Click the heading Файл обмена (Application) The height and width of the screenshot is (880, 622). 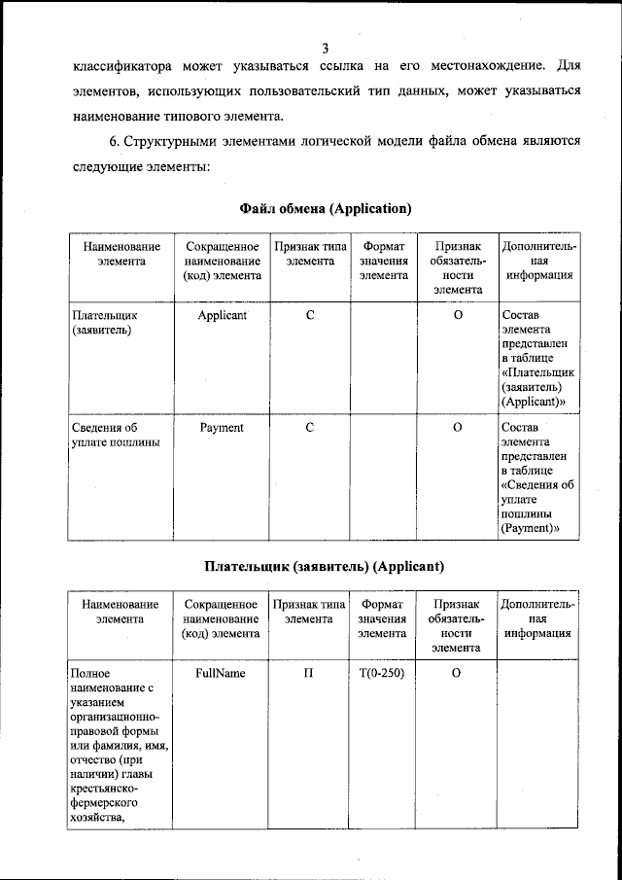[326, 208]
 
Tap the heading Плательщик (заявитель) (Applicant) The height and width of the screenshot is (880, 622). [325, 565]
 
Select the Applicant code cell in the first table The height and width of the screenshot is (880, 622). [222, 316]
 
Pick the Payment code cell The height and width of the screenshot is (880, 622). [222, 428]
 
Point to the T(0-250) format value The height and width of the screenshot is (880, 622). [382, 673]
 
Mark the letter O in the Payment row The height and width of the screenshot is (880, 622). [457, 428]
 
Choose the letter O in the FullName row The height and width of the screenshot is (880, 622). [455, 673]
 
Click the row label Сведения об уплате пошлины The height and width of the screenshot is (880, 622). [115, 436]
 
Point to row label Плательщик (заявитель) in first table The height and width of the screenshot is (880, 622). [105, 323]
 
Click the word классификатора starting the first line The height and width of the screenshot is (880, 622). [122, 67]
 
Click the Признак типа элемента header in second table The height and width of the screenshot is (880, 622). [309, 611]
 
